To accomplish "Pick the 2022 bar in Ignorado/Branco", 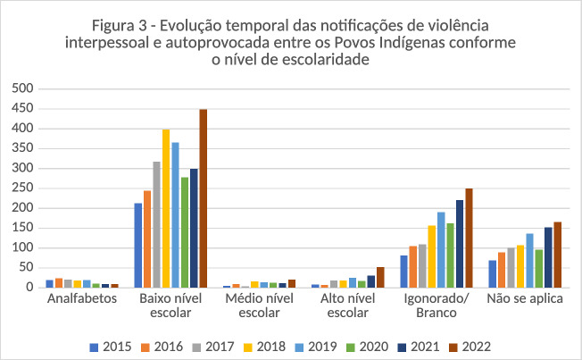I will (469, 238).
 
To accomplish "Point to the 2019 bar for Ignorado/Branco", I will (441, 249).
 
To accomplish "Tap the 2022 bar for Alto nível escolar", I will (380, 277).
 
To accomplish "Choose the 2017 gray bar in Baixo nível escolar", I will (156, 224).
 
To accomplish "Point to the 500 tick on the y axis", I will (22, 89).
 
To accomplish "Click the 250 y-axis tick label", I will (22, 188).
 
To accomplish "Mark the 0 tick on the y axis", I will (29, 288).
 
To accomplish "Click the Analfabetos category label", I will (82, 299).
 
